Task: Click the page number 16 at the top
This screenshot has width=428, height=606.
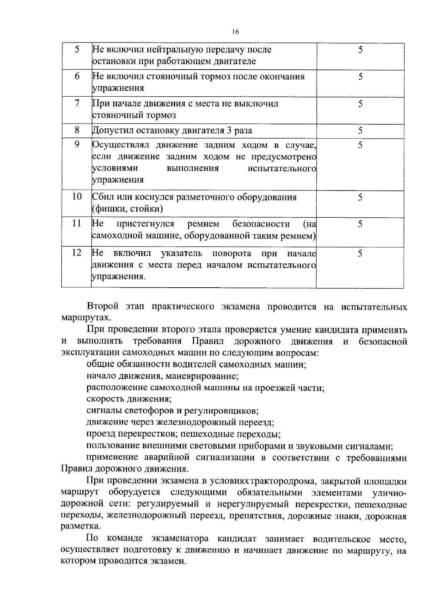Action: pos(235,32)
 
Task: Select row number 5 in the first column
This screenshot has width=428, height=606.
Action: pos(77,49)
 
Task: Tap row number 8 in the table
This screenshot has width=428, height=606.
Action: pos(77,130)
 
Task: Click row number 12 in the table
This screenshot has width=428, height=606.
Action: pos(77,253)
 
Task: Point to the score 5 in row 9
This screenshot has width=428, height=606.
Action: pos(360,145)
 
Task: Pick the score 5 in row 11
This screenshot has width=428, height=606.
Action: pos(360,224)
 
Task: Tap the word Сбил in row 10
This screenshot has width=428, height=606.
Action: pos(102,197)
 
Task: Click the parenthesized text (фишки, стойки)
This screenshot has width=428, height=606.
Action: pos(128,209)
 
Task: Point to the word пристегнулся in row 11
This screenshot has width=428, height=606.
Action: pos(145,224)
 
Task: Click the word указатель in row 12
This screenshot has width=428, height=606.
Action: pos(182,253)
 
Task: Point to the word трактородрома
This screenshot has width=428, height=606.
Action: pos(282,481)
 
